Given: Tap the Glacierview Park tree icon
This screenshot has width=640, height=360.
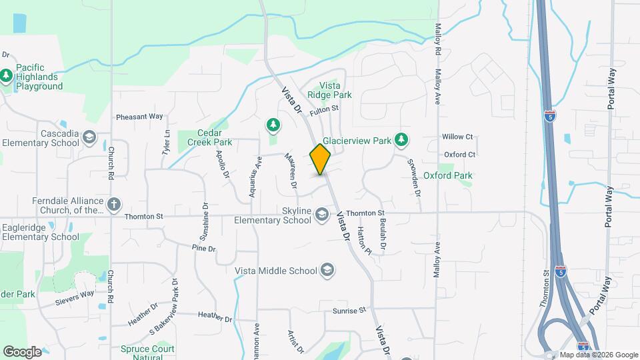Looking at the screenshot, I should [x=401, y=140].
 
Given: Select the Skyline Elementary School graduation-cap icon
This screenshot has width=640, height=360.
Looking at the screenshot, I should [x=322, y=214].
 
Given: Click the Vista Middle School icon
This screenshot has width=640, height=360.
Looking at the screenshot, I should [x=327, y=270].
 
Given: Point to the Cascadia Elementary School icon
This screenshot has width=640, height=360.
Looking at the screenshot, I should [x=89, y=138].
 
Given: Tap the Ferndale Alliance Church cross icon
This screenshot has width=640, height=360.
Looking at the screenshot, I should [x=114, y=203].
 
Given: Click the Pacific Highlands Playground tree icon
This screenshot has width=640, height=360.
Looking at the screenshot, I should [x=7, y=76].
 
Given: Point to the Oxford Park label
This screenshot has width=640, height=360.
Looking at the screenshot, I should [x=448, y=176].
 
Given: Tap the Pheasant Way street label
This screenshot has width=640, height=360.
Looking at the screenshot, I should [x=139, y=117].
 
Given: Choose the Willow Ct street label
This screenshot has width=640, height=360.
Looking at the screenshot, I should [x=457, y=137].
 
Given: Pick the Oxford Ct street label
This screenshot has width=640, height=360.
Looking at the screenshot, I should [x=460, y=155].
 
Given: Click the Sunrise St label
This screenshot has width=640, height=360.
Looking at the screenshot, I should [x=350, y=311].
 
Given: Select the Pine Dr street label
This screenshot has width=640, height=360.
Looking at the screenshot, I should [x=203, y=249].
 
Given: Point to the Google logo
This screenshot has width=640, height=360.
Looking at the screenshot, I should [x=22, y=352].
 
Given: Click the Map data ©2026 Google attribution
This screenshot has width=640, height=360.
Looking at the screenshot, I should [x=599, y=355].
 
